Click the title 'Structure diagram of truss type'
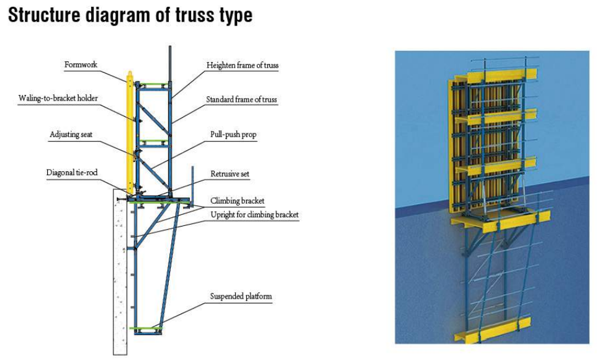coord(130,16)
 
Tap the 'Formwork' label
coord(81,65)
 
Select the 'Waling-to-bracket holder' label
coord(58,98)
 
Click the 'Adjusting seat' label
coord(71,135)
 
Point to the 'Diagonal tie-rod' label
coord(72,173)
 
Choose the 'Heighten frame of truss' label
coord(243,65)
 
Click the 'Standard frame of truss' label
coord(242,99)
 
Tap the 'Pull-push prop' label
coord(233,135)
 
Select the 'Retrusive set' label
coord(230,174)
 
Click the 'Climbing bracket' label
coord(237,200)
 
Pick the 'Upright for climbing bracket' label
coord(254,215)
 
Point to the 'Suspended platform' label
coord(241,297)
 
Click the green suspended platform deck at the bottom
coord(146,328)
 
